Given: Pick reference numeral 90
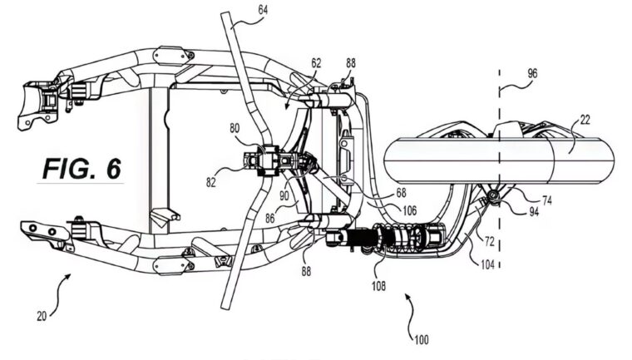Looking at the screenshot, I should tap(284, 196).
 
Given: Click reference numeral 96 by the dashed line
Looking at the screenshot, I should tap(531, 72).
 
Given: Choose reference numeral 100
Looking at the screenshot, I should tap(423, 340).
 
